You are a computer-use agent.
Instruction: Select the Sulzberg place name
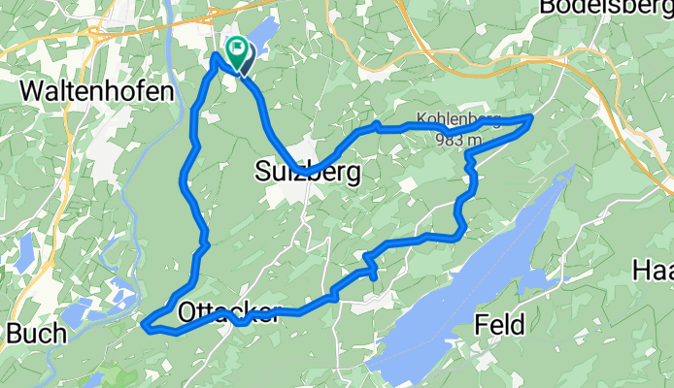308,173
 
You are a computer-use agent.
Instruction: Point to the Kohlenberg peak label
457,121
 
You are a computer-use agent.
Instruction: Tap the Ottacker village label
229,312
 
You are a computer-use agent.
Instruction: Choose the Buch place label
36,334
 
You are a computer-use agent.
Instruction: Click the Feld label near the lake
500,323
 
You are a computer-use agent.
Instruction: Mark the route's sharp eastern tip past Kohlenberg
530,117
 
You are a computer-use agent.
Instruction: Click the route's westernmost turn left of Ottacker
145,325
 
